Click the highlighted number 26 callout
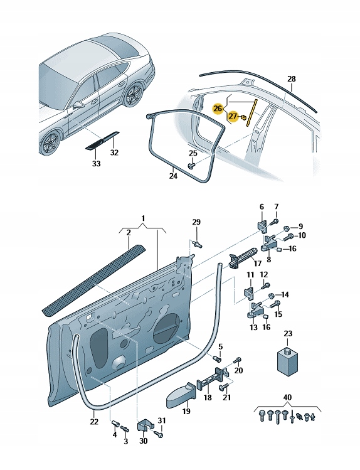point(218,108)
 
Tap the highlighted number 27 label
point(233,116)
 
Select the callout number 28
point(290,79)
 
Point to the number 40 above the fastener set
point(287,397)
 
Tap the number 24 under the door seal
point(173,176)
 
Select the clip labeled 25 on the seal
point(191,165)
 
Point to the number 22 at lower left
point(94,421)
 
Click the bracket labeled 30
point(144,426)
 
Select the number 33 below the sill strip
point(96,164)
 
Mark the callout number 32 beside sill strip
point(114,152)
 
